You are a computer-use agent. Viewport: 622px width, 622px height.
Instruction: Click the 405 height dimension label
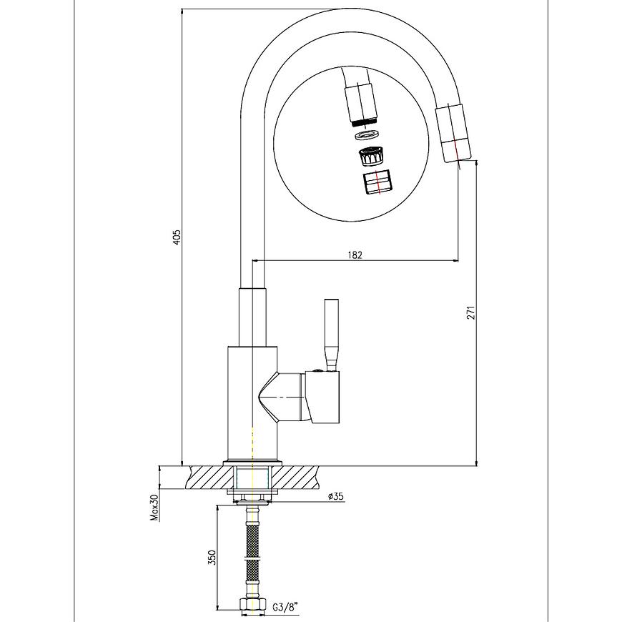click(x=177, y=237)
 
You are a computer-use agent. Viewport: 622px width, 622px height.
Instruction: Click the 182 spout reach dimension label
click(x=355, y=255)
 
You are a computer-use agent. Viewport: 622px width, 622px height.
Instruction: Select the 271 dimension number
click(x=470, y=313)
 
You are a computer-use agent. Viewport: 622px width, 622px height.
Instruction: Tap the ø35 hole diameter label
click(x=335, y=496)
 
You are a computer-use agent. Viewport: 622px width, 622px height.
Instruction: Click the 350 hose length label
click(x=212, y=558)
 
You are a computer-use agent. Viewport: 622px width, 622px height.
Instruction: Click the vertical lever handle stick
click(x=331, y=335)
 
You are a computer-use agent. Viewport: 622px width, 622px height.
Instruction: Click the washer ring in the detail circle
click(x=367, y=136)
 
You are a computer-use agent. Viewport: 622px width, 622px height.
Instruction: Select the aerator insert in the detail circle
click(x=371, y=157)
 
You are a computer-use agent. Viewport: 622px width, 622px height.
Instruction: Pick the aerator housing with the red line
click(x=377, y=182)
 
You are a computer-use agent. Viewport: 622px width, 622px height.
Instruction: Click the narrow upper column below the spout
click(x=252, y=316)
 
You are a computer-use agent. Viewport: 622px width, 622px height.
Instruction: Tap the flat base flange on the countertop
click(x=252, y=463)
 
